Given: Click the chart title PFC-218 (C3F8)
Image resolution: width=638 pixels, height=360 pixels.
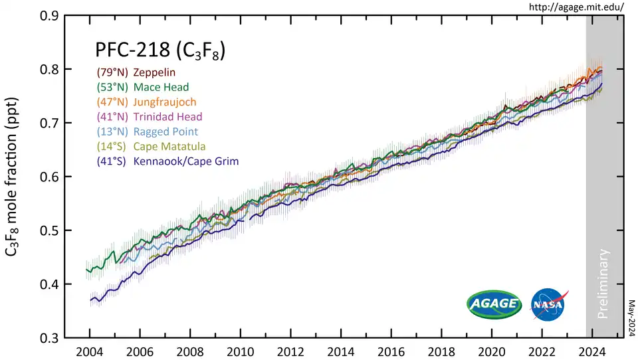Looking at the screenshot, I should (157, 51).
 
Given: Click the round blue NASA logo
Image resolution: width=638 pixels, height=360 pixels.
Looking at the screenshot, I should (549, 305).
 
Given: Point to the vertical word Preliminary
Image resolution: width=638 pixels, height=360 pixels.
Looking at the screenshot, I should (603, 284).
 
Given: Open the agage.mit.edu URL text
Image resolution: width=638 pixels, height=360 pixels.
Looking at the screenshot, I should (576, 7).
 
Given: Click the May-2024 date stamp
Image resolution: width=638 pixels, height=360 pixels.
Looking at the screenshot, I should (631, 316).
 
